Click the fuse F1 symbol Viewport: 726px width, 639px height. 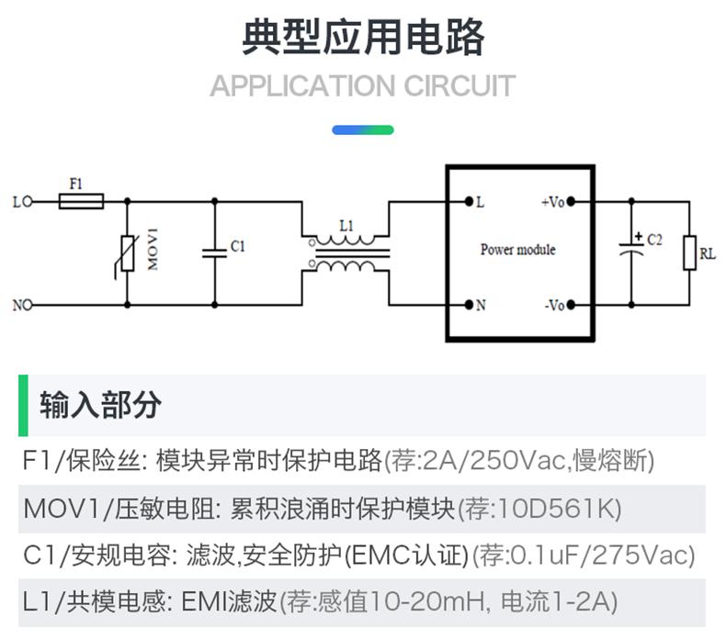click(x=81, y=200)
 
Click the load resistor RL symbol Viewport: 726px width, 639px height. click(x=688, y=252)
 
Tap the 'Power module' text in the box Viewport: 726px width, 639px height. click(x=518, y=250)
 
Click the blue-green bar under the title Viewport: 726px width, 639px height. click(x=363, y=130)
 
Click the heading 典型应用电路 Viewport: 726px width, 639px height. click(x=363, y=39)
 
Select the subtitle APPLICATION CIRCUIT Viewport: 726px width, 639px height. click(x=363, y=87)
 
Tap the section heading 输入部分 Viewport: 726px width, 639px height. click(x=100, y=405)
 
